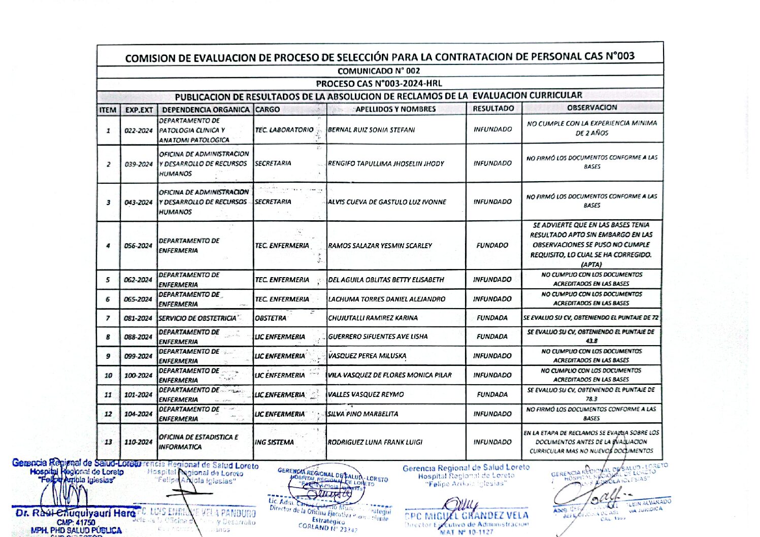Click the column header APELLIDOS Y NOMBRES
point(395,109)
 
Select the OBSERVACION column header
point(592,108)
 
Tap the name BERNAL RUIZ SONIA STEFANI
point(371,130)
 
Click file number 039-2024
point(139,164)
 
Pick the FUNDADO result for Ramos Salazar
point(492,246)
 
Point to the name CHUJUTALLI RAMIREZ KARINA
point(373,318)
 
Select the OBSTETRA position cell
point(271,318)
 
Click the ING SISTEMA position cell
point(274,443)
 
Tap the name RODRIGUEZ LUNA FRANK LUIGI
point(375,442)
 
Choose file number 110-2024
point(139,442)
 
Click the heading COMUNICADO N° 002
point(379,71)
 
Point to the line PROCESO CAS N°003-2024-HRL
point(379,83)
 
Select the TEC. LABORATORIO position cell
point(284,130)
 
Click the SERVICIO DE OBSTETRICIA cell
point(197,318)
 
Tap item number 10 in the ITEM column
point(108,376)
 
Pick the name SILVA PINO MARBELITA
point(362,414)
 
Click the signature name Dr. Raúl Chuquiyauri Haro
point(75,513)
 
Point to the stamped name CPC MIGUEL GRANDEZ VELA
point(467,516)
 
